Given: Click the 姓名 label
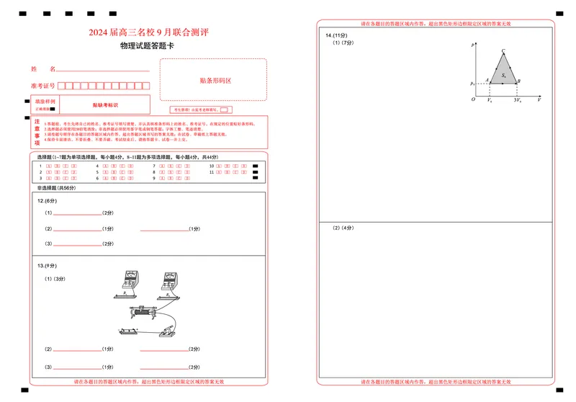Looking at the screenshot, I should click(x=43, y=69).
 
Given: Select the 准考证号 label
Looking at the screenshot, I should click(x=43, y=86).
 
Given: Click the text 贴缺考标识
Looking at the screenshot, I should click(x=95, y=105).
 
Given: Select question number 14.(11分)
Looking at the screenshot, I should click(x=336, y=35).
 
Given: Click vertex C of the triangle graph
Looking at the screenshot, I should click(x=503, y=52).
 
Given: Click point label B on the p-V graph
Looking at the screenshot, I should click(x=519, y=81).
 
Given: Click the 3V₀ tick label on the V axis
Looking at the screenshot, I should click(x=517, y=100).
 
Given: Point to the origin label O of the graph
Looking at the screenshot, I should click(x=473, y=99).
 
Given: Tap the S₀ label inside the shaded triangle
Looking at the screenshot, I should click(x=505, y=75).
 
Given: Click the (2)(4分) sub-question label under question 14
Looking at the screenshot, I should click(x=343, y=228).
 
